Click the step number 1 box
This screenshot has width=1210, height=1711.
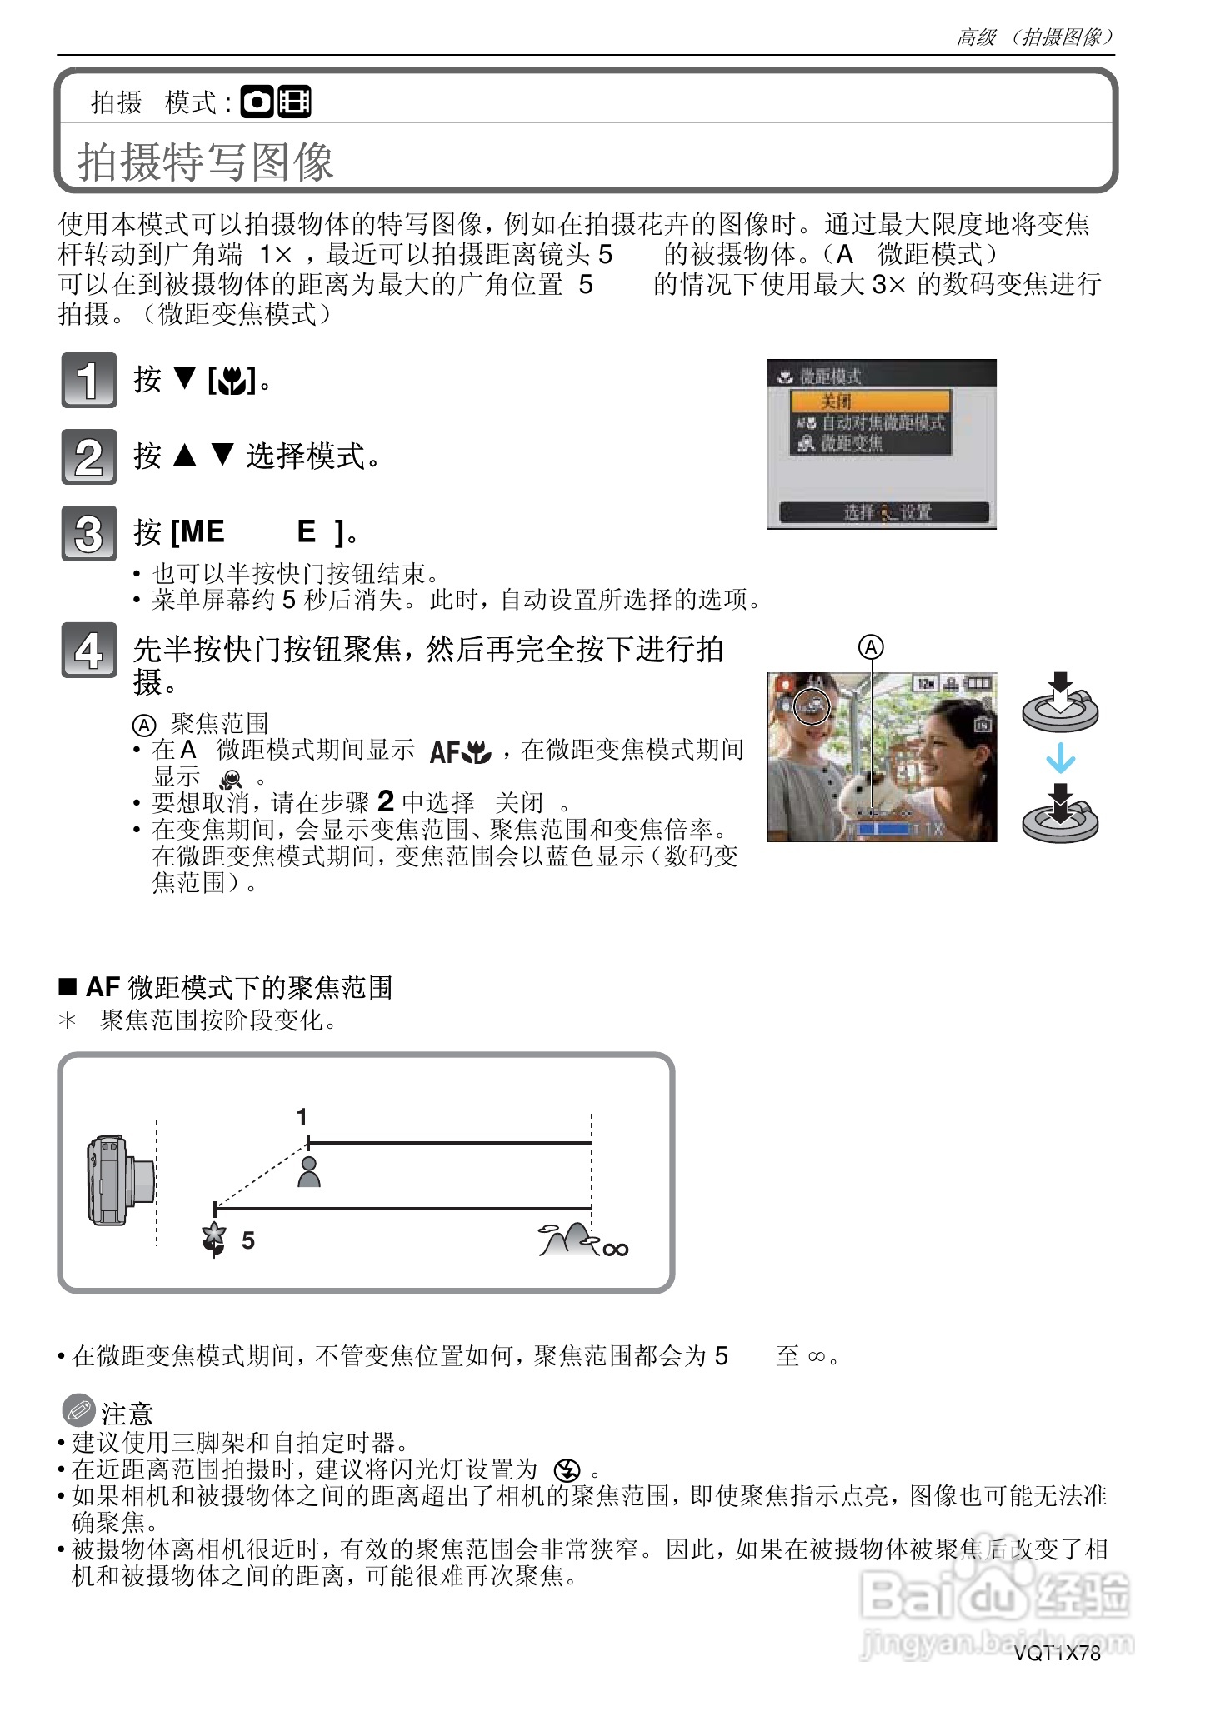tap(88, 380)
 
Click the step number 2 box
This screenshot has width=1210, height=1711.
tap(88, 456)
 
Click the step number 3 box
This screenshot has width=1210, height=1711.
tap(88, 533)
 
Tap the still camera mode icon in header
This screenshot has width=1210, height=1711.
tap(257, 102)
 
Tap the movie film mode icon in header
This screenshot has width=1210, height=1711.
tap(294, 102)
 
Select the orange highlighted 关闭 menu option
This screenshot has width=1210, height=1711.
tap(871, 402)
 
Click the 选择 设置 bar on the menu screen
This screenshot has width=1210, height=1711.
tap(883, 512)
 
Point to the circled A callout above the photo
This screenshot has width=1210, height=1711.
tap(871, 647)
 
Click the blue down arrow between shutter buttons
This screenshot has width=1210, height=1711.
tap(1060, 759)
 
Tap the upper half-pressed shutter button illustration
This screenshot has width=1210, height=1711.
tap(1060, 704)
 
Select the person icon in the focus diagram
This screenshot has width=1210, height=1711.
tap(309, 1171)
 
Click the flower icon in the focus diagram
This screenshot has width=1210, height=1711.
tap(214, 1239)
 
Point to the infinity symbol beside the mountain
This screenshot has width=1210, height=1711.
tap(616, 1249)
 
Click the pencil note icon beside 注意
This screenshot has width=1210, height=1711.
tap(78, 1411)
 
